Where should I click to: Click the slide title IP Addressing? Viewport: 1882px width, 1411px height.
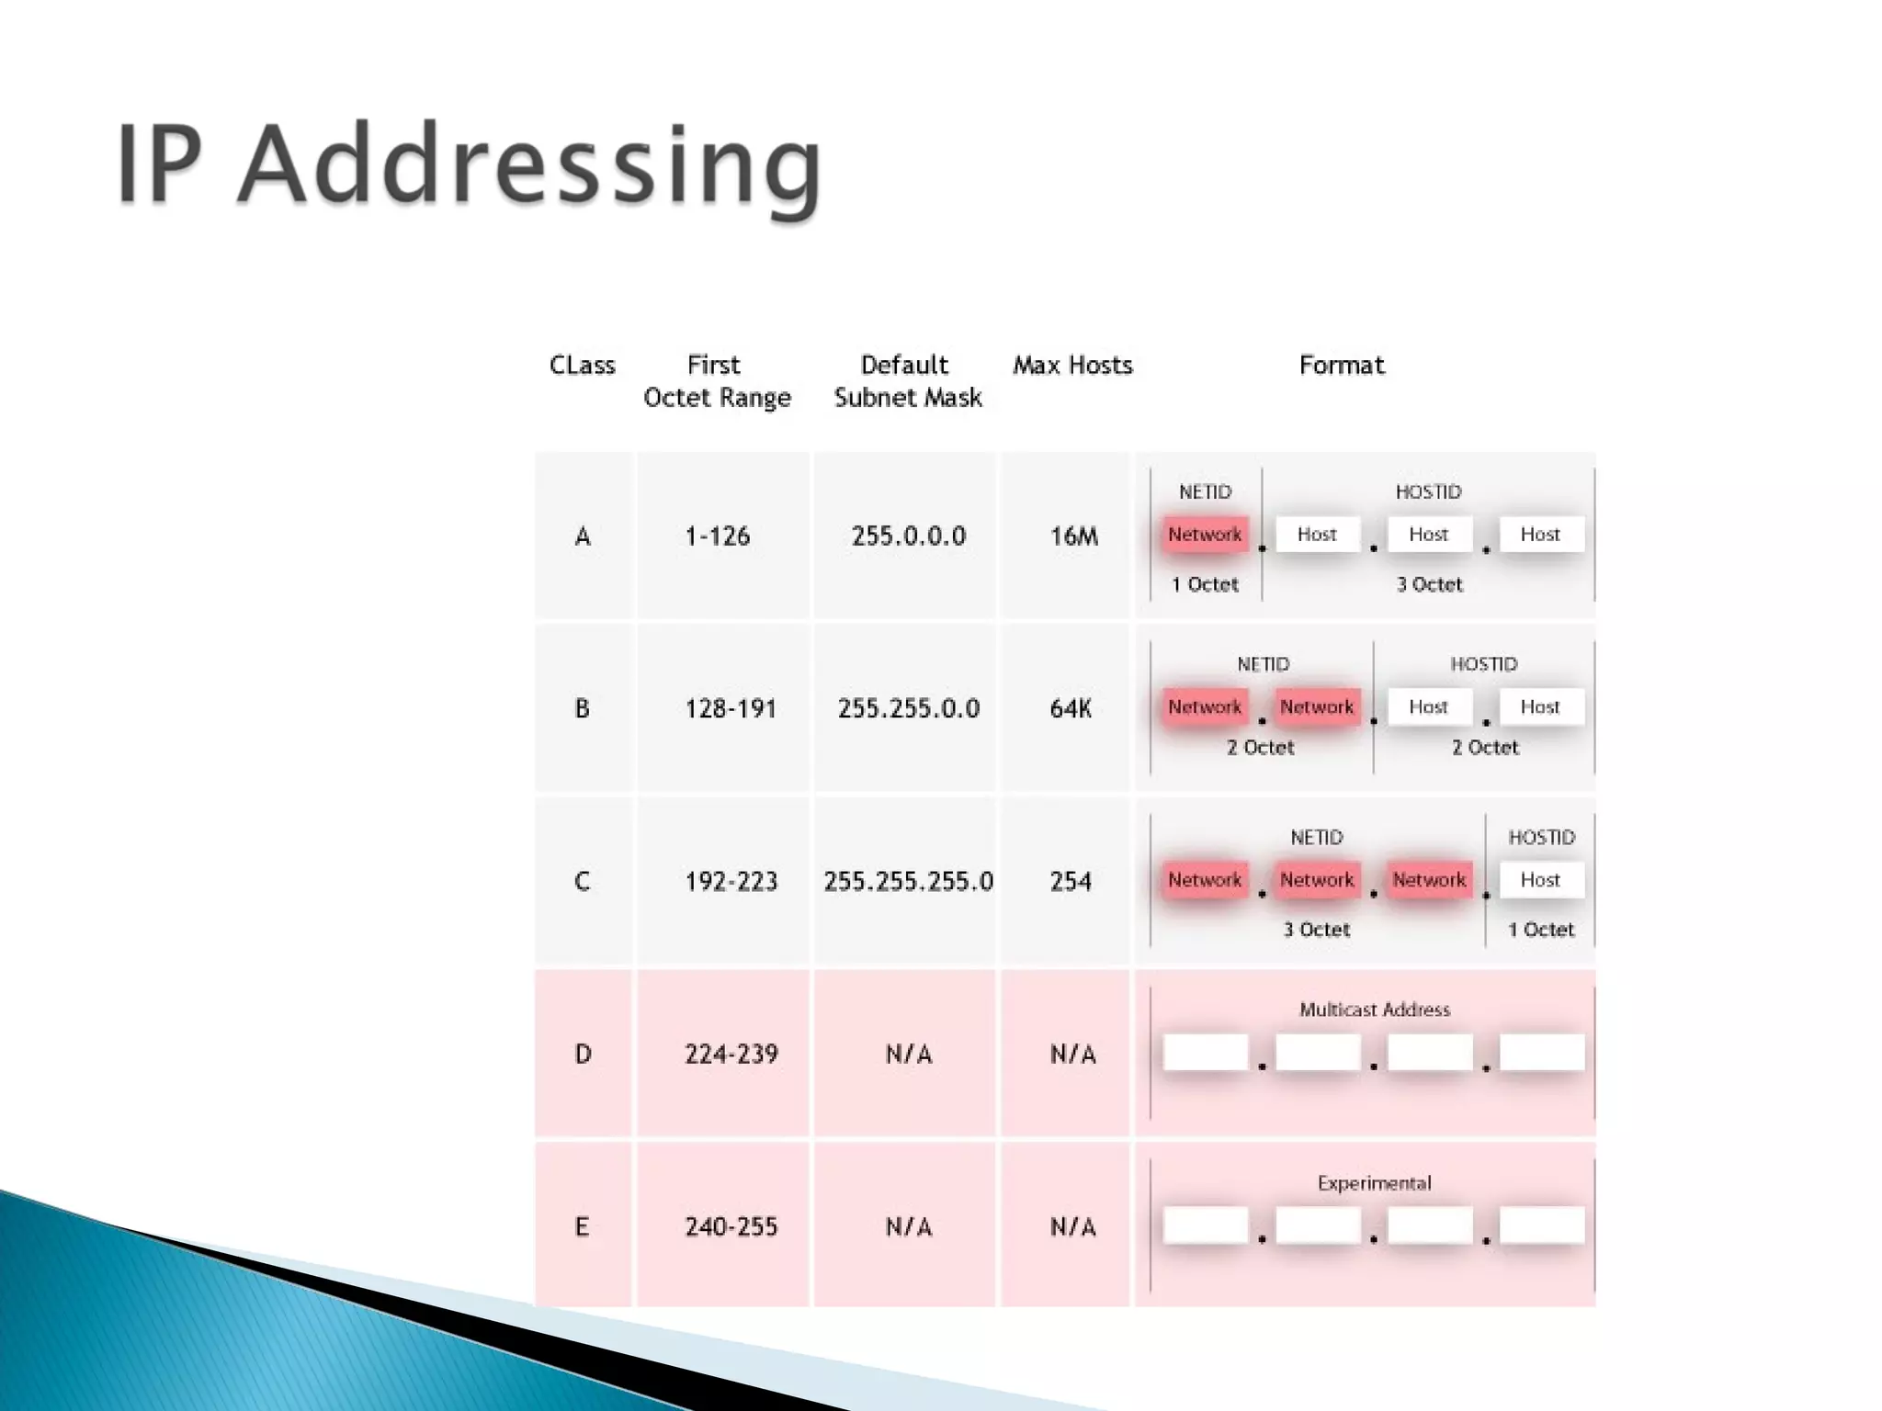point(469,165)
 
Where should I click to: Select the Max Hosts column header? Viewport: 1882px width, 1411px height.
point(1072,366)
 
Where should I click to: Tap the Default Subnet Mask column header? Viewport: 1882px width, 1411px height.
point(907,381)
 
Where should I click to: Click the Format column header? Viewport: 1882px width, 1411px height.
point(1341,366)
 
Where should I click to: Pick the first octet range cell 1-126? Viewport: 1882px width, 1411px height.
point(717,536)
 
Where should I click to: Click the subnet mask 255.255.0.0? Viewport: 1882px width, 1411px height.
point(908,708)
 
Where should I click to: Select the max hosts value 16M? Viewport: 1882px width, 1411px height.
point(1073,536)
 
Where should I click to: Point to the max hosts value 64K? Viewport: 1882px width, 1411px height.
point(1071,708)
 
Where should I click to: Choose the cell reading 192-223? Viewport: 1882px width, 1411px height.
point(731,882)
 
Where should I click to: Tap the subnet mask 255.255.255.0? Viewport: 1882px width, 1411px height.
point(908,882)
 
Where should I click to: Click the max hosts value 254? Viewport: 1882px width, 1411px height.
point(1071,882)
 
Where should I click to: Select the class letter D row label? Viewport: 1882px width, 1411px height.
point(583,1055)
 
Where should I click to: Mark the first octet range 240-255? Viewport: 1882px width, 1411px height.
point(731,1227)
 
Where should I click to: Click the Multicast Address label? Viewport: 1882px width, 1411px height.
point(1374,1010)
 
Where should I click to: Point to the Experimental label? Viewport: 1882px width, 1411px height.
point(1374,1183)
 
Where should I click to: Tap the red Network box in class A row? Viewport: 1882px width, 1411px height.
point(1205,535)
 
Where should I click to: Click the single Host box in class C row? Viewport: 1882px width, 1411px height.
point(1541,880)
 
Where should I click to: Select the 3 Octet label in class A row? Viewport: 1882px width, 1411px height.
point(1429,584)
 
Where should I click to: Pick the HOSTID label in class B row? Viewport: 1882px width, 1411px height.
point(1483,664)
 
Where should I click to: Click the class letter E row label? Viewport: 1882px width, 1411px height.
point(582,1227)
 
